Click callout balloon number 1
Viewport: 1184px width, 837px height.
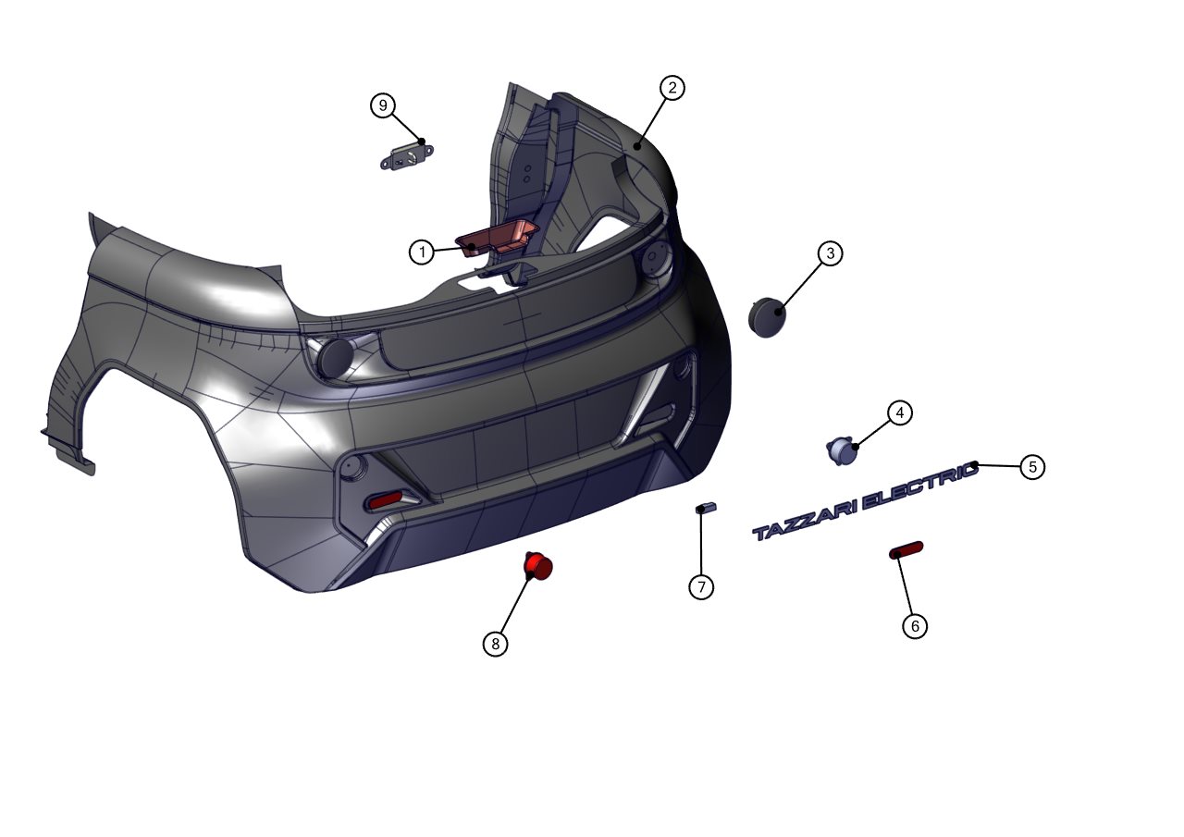pos(422,252)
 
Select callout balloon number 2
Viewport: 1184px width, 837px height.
pos(672,88)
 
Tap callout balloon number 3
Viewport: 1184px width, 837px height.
pos(830,253)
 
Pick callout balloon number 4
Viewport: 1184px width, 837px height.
pos(900,413)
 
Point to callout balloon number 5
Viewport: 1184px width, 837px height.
pos(1032,467)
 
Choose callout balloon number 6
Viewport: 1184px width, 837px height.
pos(915,626)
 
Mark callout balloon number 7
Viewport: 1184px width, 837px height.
pos(701,587)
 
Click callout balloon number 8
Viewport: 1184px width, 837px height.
pos(495,644)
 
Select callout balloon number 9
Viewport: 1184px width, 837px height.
pos(383,105)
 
